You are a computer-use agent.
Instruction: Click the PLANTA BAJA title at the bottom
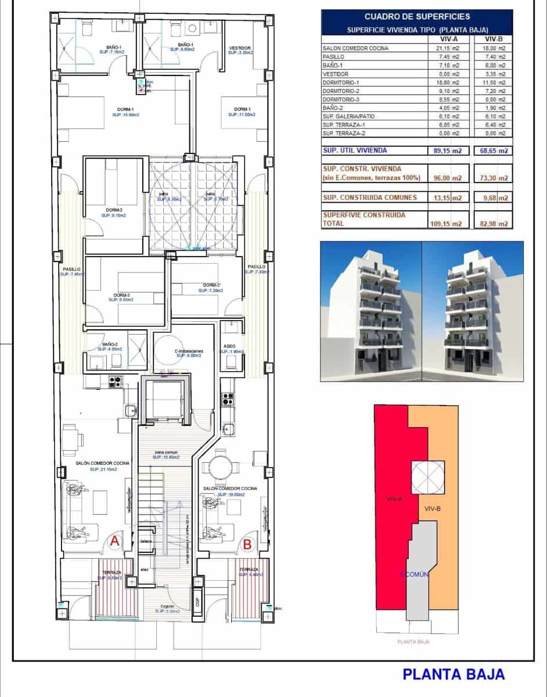coord(454,674)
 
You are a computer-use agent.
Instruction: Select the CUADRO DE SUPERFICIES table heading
coord(417,17)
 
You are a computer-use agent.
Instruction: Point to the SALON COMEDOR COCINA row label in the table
coord(355,48)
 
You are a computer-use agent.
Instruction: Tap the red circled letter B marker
coord(247,544)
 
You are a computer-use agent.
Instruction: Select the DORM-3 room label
coord(121,295)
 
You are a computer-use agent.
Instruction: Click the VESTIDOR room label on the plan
coord(239,48)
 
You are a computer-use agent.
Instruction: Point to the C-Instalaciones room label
coord(189,351)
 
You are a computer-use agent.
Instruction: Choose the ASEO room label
coord(229,346)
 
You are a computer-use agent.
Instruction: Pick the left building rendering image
coord(371,311)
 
